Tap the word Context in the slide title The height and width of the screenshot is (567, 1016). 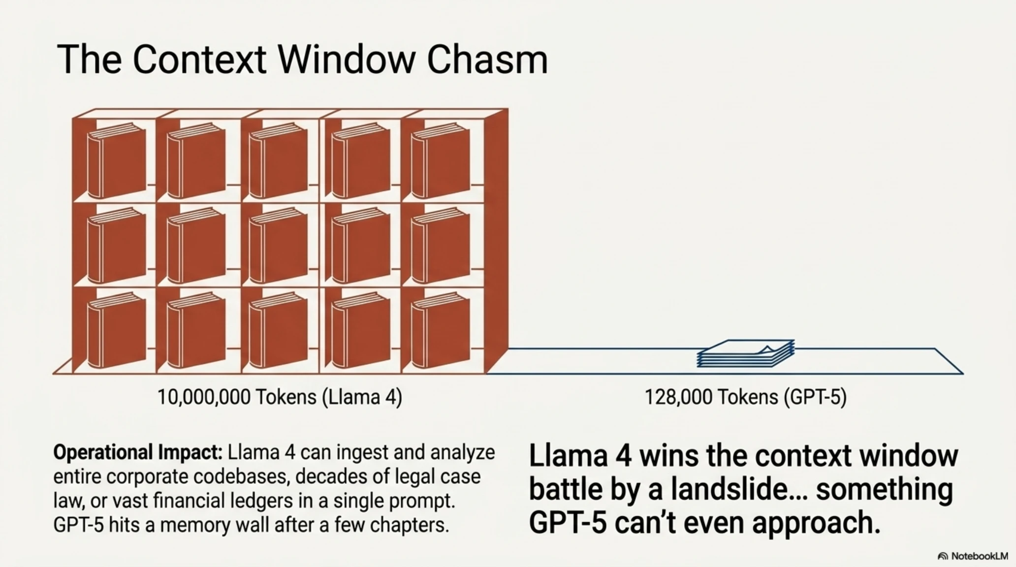(x=199, y=60)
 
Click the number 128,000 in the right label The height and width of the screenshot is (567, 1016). (x=676, y=397)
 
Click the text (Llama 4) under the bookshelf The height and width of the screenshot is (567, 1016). (x=362, y=397)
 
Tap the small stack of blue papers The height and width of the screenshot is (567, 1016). (x=746, y=353)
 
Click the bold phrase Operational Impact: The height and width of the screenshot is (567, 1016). (x=138, y=452)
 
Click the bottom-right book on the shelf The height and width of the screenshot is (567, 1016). (x=440, y=330)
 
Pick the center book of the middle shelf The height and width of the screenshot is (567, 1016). (x=278, y=245)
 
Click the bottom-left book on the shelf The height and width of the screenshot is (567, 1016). (x=116, y=330)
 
